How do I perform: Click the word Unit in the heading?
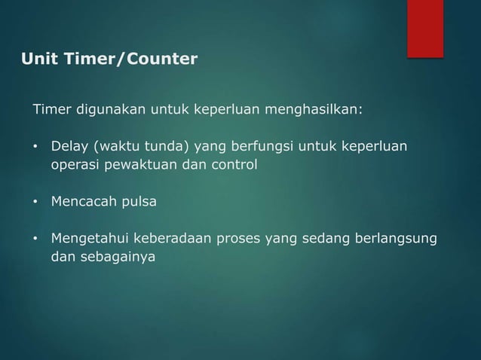[x=38, y=59]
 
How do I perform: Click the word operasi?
[x=74, y=163]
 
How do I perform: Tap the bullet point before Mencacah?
[x=35, y=203]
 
